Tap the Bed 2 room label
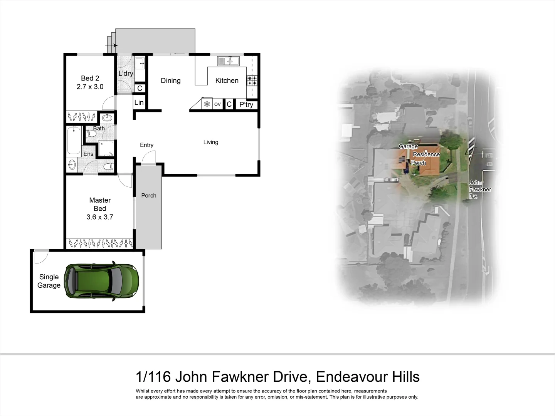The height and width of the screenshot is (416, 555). coord(90,78)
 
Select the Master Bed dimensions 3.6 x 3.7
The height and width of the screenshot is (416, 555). coord(100,217)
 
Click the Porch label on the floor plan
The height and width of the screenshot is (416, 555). coord(148,196)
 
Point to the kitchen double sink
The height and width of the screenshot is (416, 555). coord(229,61)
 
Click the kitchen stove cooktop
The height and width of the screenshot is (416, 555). coord(252,81)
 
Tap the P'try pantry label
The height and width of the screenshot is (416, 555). coord(246,104)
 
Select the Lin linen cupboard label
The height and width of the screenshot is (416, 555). coord(139,102)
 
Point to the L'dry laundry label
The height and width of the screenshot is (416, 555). coord(126,73)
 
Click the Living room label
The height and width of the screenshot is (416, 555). coord(211,142)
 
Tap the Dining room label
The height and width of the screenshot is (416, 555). coord(170,81)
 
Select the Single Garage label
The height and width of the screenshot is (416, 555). coord(49,281)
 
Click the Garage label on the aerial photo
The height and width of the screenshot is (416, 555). coord(408,146)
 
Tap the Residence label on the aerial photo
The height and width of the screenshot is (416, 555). coord(426,154)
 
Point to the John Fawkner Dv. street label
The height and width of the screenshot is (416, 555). coord(479,189)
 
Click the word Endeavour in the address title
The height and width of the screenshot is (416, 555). coord(352,376)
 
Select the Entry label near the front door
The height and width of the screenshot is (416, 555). coord(146,145)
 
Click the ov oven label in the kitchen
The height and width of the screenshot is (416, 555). coord(217,104)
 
